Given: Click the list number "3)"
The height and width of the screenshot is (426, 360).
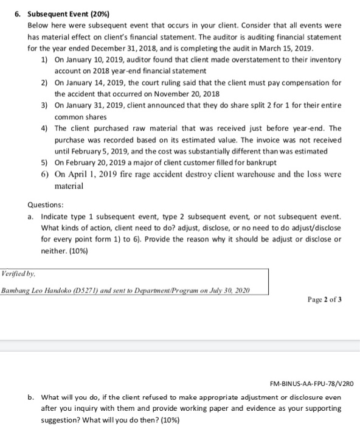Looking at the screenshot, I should tap(44, 105).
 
